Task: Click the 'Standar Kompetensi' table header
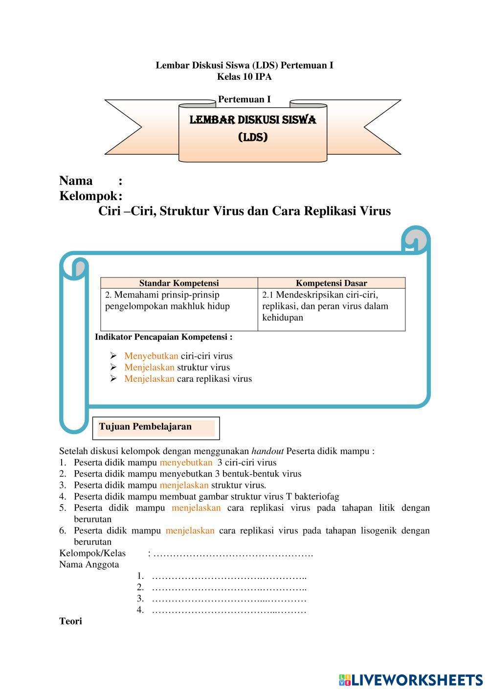point(179,283)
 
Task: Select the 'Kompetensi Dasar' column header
point(331,283)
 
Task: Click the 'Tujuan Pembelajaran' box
point(156,427)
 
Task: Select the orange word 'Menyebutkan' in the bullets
point(151,356)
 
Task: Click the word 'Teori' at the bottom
point(70,621)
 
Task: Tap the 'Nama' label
point(76,181)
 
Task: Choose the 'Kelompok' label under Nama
point(88,196)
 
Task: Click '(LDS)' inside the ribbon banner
point(253,138)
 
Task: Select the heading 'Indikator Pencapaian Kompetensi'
point(163,337)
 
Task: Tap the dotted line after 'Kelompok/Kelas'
point(233,554)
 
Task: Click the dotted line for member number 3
point(229,599)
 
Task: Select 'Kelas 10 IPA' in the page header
point(244,76)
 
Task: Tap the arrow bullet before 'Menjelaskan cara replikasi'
point(113,378)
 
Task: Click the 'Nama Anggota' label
point(89,564)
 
